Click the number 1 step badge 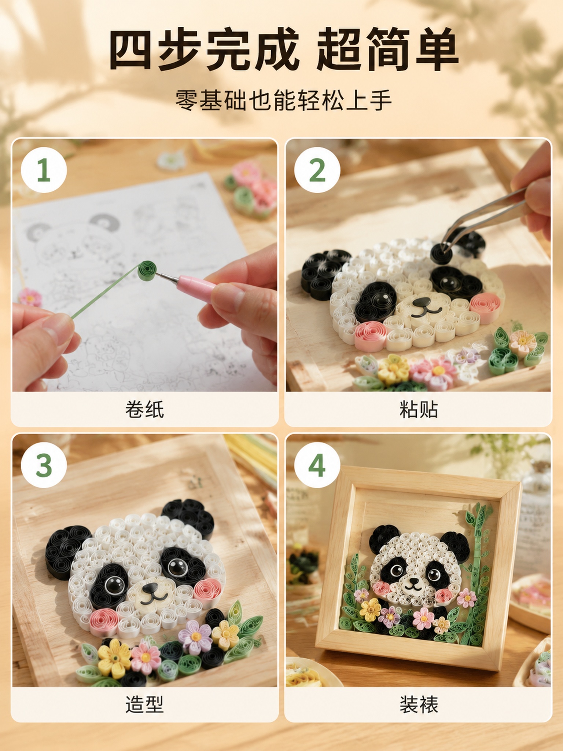pyautogui.click(x=44, y=170)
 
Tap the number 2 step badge pyautogui.click(x=317, y=170)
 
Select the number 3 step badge pyautogui.click(x=44, y=465)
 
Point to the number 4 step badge pyautogui.click(x=317, y=465)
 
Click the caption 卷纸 pyautogui.click(x=144, y=409)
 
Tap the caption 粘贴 pyautogui.click(x=419, y=409)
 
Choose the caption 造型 pyautogui.click(x=144, y=704)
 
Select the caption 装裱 pyautogui.click(x=419, y=704)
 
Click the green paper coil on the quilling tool pyautogui.click(x=147, y=270)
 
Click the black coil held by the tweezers pyautogui.click(x=442, y=252)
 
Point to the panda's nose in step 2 pyautogui.click(x=420, y=302)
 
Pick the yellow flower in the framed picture pyautogui.click(x=371, y=609)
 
